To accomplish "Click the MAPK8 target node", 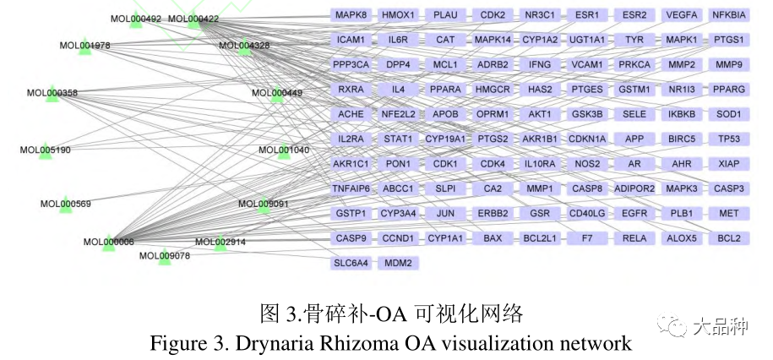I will pos(351,15).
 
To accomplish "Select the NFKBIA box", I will pos(728,15).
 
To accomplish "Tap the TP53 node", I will pos(728,139).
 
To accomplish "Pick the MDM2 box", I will pos(398,263).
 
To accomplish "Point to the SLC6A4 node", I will pos(351,263).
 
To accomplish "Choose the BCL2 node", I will pos(728,238).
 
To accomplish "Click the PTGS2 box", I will pos(493,139).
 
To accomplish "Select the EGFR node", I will pos(634,213).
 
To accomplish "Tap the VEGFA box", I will pos(681,15).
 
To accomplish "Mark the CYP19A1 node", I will pos(445,139).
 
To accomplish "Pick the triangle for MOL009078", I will pos(165,258).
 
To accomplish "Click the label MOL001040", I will pos(284,150).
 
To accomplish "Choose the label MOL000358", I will pos(52,93).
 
